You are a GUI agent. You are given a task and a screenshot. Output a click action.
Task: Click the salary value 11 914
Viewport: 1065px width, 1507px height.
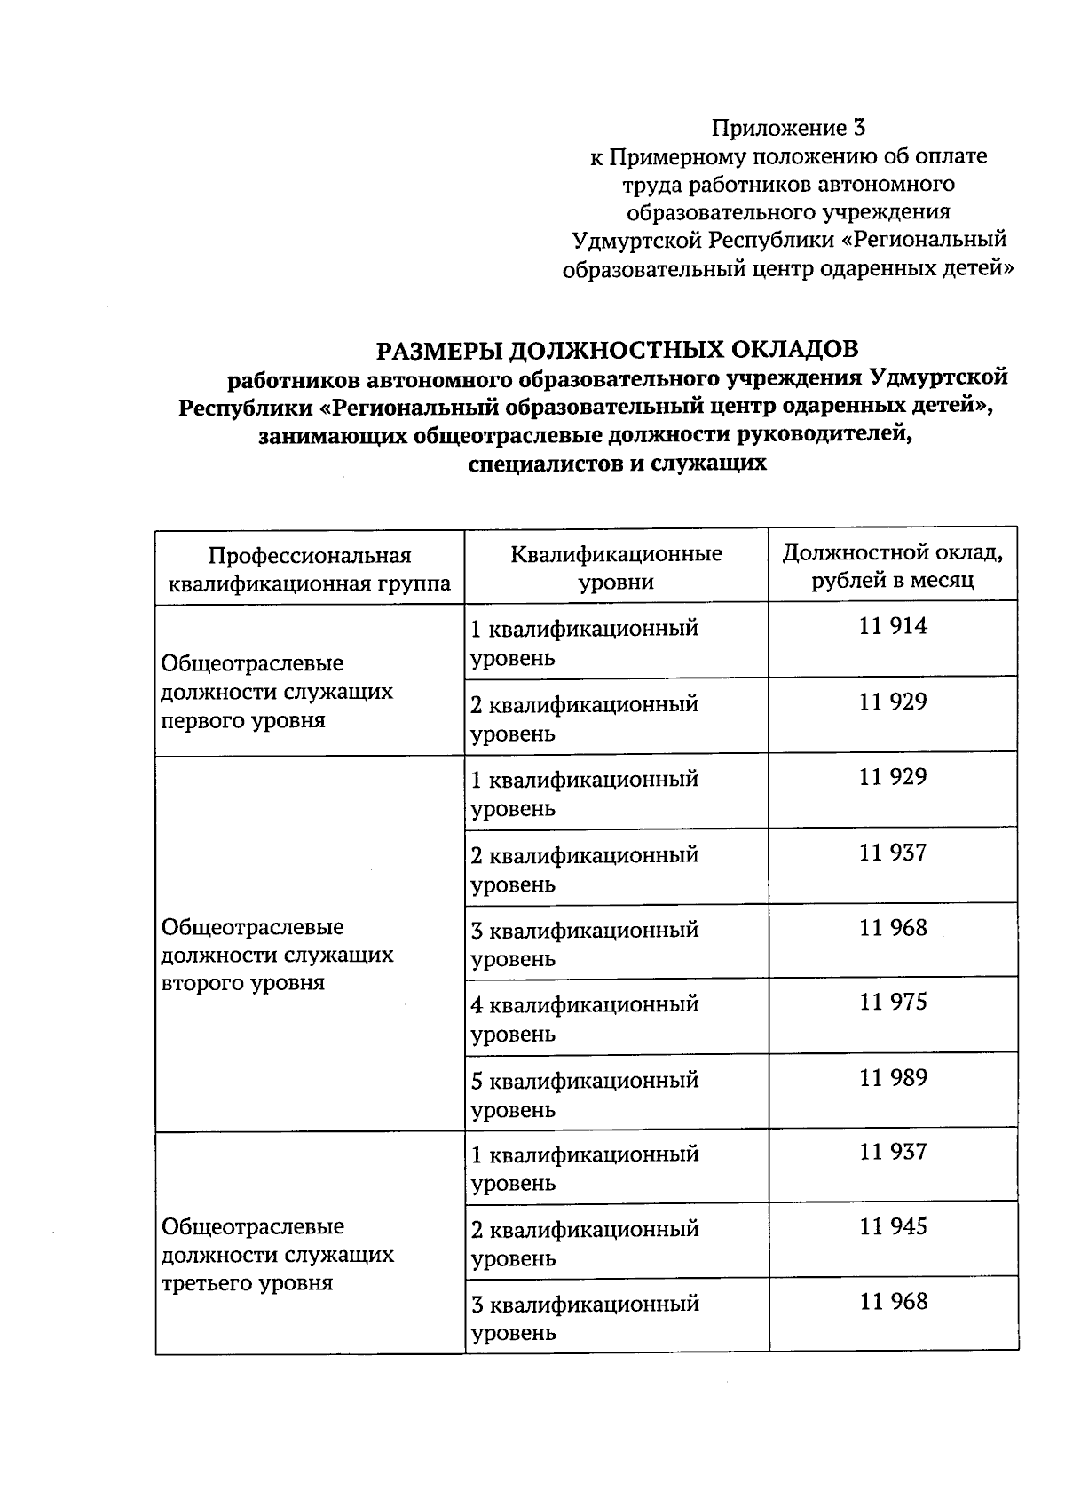pyautogui.click(x=893, y=627)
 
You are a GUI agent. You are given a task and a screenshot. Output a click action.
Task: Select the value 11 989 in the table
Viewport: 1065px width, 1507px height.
pyautogui.click(x=893, y=1078)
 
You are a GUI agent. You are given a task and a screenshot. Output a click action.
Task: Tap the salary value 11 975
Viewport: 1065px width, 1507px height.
pyautogui.click(x=893, y=1003)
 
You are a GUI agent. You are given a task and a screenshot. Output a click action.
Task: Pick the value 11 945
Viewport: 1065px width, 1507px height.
pyautogui.click(x=893, y=1227)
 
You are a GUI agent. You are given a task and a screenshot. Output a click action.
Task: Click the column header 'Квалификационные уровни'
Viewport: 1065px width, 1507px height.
pyautogui.click(x=616, y=568)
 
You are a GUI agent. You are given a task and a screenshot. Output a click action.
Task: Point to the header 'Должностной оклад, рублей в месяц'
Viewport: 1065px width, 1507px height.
pyautogui.click(x=893, y=567)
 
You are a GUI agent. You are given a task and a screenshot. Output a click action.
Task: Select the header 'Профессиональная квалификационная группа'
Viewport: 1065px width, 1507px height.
pyautogui.click(x=310, y=569)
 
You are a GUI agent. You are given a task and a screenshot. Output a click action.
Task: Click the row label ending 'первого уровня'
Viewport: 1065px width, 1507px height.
pyautogui.click(x=276, y=692)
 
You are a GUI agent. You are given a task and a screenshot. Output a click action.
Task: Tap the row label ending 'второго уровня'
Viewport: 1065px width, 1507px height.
pyautogui.click(x=276, y=955)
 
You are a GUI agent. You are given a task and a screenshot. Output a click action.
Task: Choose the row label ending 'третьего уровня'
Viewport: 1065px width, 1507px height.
pyautogui.click(x=276, y=1255)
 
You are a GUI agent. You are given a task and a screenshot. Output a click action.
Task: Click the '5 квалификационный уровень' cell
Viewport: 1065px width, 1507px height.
pyautogui.click(x=584, y=1094)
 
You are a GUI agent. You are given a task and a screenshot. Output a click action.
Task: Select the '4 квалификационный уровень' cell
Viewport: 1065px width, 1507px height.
pyautogui.click(x=584, y=1019)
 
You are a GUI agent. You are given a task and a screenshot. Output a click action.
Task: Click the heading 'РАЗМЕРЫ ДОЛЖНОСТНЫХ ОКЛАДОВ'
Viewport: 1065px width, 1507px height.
pyautogui.click(x=617, y=349)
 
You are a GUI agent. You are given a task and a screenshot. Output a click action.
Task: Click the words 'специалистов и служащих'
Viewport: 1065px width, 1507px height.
pyautogui.click(x=617, y=464)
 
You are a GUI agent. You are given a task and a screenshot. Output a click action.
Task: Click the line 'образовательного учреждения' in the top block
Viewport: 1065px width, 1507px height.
pyautogui.click(x=788, y=212)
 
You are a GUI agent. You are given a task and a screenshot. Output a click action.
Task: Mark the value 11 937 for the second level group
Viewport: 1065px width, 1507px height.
pyautogui.click(x=893, y=853)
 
